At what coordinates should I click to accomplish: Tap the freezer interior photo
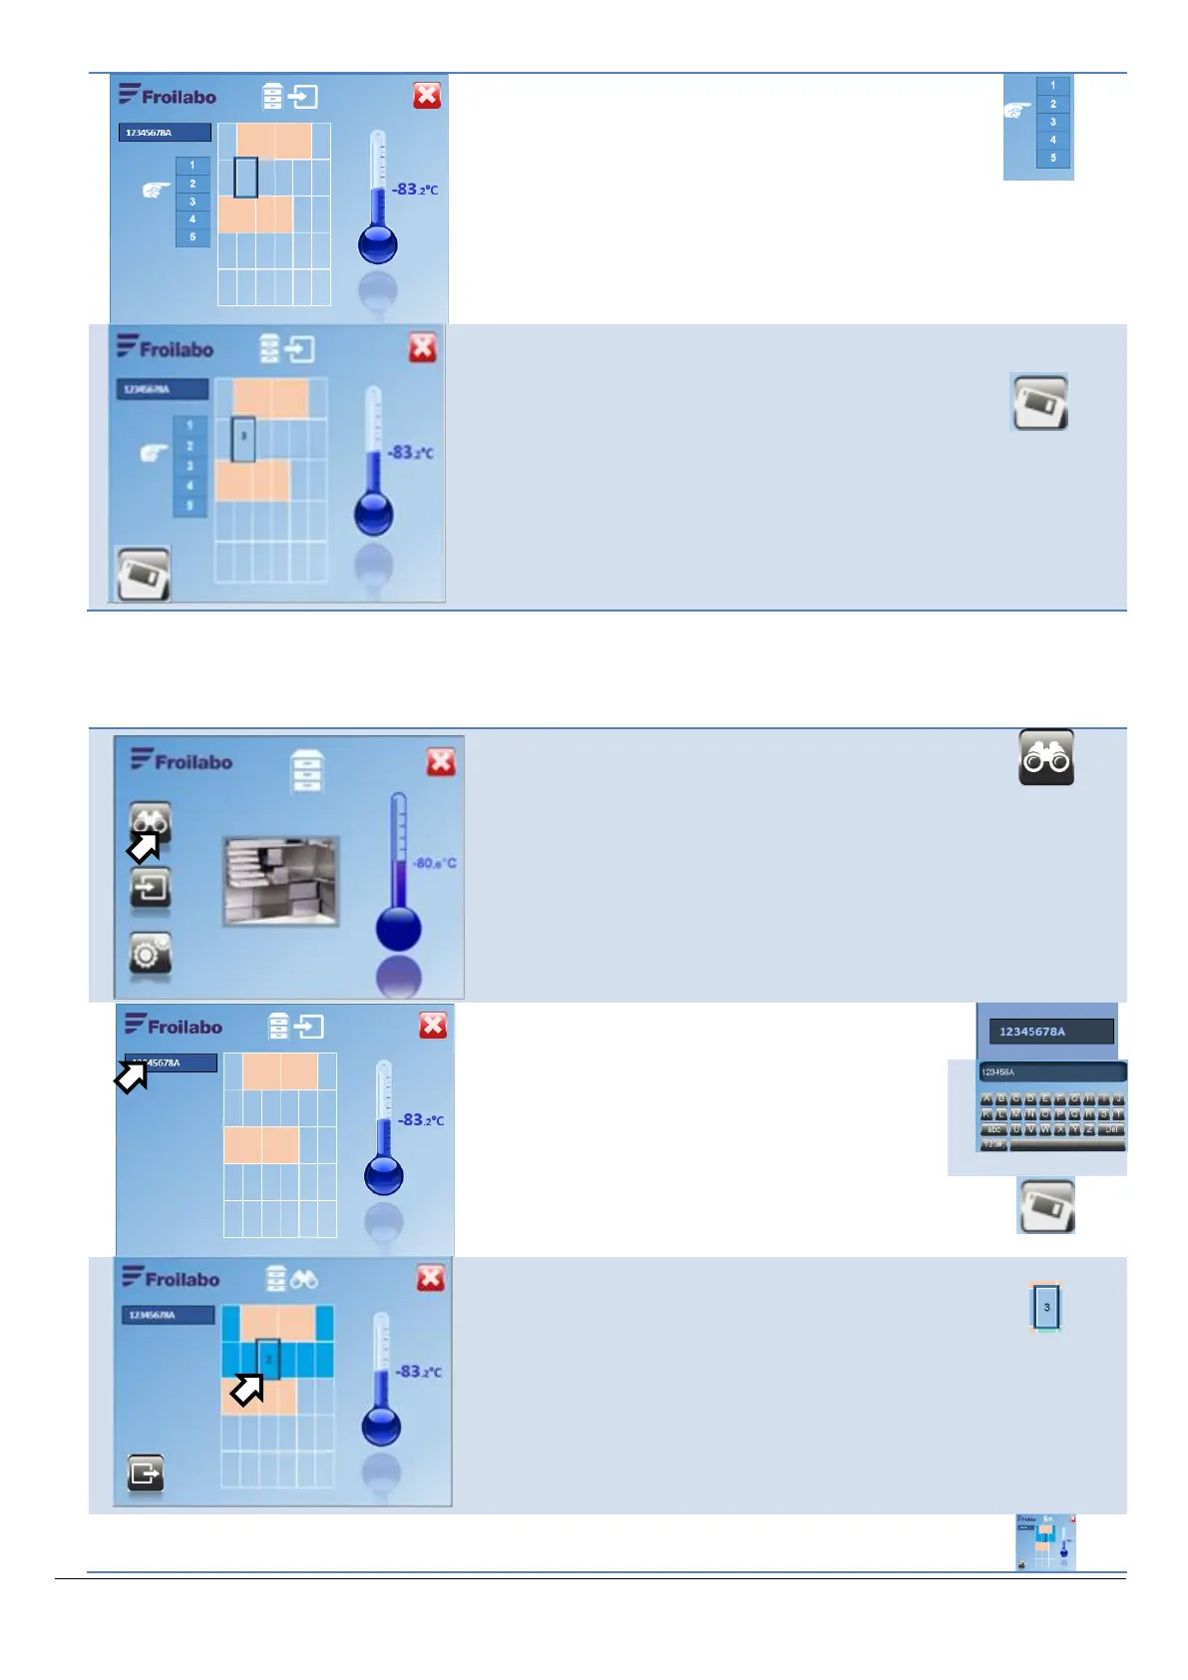coord(280,881)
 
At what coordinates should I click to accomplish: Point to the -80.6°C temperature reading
coord(435,863)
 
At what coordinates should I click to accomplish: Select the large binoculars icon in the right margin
coord(1045,758)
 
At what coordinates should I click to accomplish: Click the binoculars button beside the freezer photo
coord(151,822)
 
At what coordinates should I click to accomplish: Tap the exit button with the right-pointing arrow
coord(146,1472)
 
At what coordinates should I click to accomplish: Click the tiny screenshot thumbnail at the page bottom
coord(1045,1542)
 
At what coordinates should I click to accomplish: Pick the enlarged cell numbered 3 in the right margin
coord(1046,1307)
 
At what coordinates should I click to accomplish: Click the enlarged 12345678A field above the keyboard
coord(1050,1032)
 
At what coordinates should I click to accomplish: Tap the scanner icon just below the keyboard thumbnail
coord(1045,1205)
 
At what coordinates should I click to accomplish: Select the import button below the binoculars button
coord(151,887)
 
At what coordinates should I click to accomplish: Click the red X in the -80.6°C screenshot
coord(441,762)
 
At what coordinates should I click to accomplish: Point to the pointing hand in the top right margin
coord(1017,111)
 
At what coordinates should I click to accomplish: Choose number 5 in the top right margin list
coord(1053,158)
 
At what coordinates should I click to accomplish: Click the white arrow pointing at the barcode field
coord(132,1075)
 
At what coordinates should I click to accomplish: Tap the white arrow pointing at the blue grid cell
coord(247,1389)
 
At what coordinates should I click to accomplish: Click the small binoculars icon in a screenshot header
coord(304,1279)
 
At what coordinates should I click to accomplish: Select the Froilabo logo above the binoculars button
coord(182,761)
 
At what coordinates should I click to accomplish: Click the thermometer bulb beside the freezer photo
coord(398,929)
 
